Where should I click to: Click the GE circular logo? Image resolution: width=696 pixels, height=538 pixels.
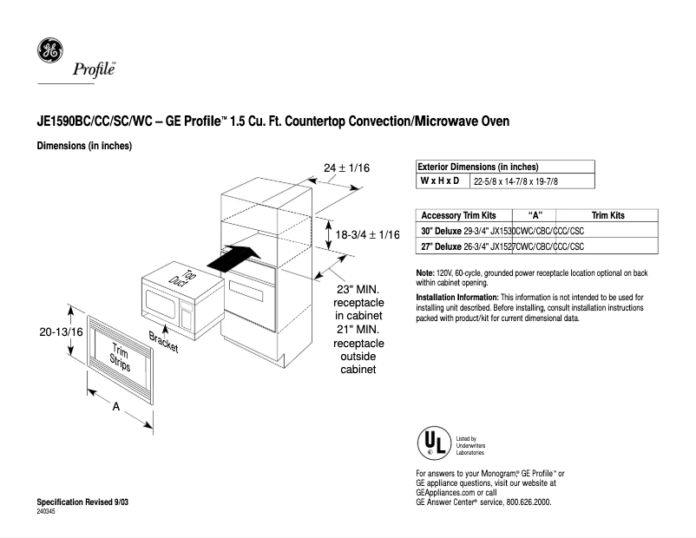pos(49,51)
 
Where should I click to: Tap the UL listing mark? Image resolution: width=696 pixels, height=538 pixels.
pos(434,443)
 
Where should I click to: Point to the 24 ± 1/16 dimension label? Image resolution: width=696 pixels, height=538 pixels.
pos(347,167)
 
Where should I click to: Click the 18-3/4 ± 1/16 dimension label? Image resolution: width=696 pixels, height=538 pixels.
pos(367,234)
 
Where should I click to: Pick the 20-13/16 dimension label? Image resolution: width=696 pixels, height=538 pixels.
pos(61,331)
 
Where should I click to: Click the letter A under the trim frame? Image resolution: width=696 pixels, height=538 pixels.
pos(115,407)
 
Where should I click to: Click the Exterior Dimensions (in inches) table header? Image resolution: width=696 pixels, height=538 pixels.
pos(478,167)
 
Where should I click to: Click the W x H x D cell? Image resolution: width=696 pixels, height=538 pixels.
pos(440,180)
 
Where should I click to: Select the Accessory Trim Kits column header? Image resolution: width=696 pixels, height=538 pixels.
pos(458,215)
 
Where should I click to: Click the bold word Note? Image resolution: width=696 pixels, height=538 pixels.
pos(426,273)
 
